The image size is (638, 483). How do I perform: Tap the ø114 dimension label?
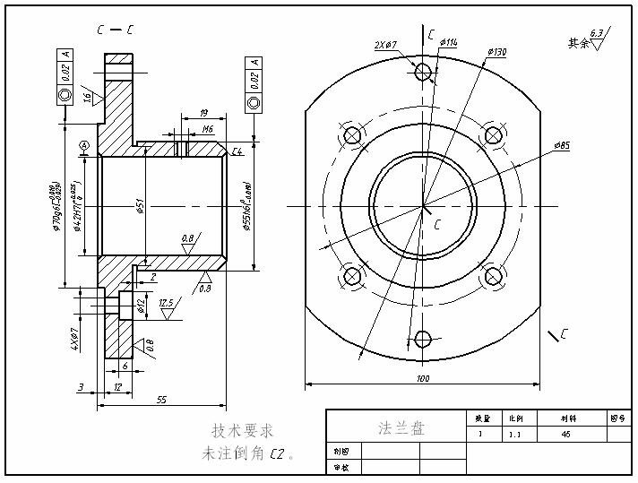pyautogui.click(x=448, y=43)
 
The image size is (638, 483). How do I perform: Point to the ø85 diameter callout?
pyautogui.click(x=562, y=145)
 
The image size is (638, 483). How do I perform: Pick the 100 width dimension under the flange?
pyautogui.click(x=423, y=379)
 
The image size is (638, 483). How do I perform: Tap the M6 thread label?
pyautogui.click(x=208, y=130)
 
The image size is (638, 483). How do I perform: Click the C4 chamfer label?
pyautogui.click(x=237, y=151)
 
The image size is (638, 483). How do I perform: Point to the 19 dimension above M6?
pyautogui.click(x=203, y=113)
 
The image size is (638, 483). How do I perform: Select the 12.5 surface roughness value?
pyautogui.click(x=166, y=304)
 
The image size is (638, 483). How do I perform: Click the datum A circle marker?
pyautogui.click(x=84, y=145)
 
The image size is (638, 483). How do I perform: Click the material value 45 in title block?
pyautogui.click(x=565, y=434)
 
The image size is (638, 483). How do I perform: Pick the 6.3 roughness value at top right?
pyautogui.click(x=598, y=33)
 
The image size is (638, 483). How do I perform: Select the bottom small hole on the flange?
pyautogui.click(x=423, y=339)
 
